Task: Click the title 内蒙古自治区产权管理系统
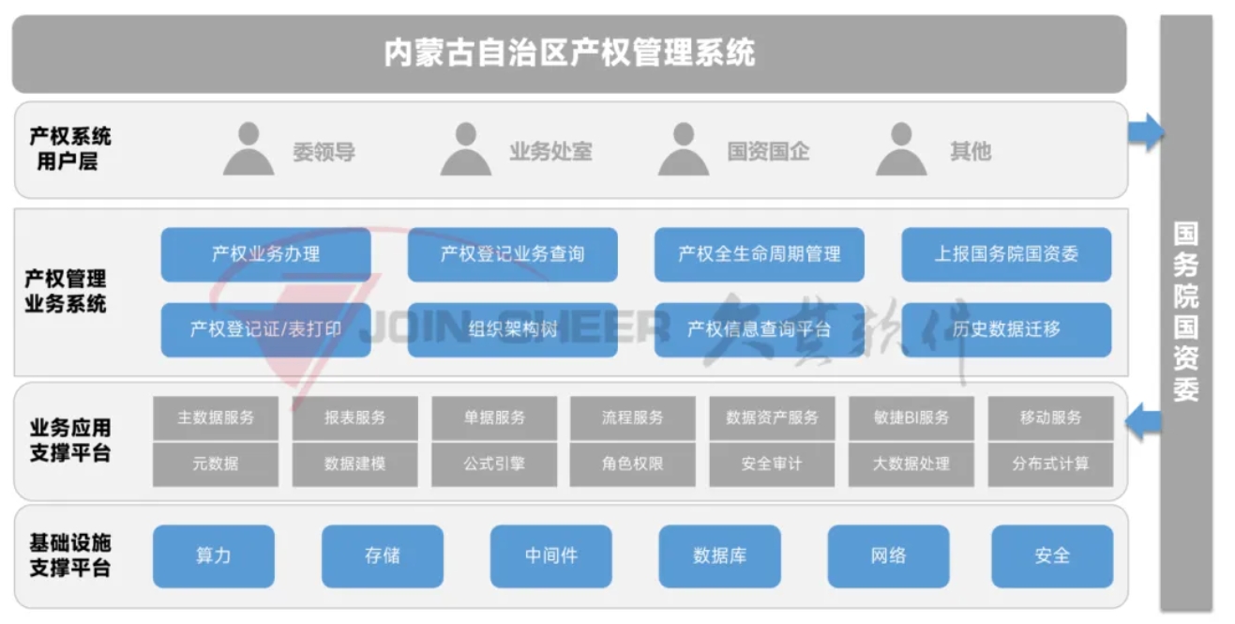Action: pyautogui.click(x=569, y=53)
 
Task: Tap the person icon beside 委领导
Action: pyautogui.click(x=249, y=149)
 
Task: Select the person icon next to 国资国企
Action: pyautogui.click(x=684, y=149)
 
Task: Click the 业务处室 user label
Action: pyautogui.click(x=550, y=151)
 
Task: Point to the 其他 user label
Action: pyautogui.click(x=970, y=151)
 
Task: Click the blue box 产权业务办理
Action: pyautogui.click(x=265, y=254)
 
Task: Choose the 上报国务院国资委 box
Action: pyautogui.click(x=1006, y=254)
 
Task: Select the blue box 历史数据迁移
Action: pyautogui.click(x=1006, y=329)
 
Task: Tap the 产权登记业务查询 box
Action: pyautogui.click(x=512, y=254)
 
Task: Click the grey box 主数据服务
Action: pyautogui.click(x=216, y=418)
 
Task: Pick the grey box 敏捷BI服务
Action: pyautogui.click(x=911, y=418)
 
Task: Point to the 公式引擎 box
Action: pyautogui.click(x=494, y=464)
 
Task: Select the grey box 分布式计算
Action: pyautogui.click(x=1050, y=464)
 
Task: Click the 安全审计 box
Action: pyautogui.click(x=772, y=464)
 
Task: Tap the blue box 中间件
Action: pyautogui.click(x=550, y=556)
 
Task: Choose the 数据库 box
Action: pyautogui.click(x=719, y=556)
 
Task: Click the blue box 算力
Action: pyautogui.click(x=214, y=556)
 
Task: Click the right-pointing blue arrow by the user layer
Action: pyautogui.click(x=1145, y=132)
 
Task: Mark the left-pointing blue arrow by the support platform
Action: pyautogui.click(x=1143, y=420)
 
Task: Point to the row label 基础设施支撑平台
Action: pyautogui.click(x=70, y=556)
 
